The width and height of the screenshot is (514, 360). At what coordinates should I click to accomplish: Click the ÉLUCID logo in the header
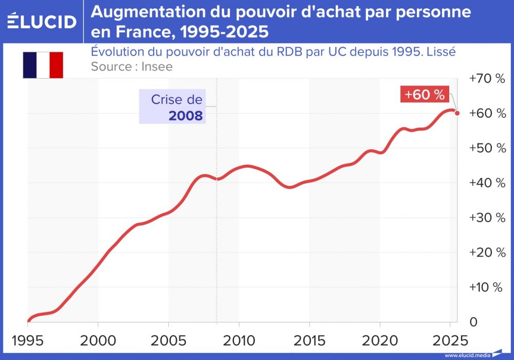(43, 21)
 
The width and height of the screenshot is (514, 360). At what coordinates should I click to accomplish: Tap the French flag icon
(43, 65)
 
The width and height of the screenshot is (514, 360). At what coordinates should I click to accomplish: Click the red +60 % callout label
(424, 95)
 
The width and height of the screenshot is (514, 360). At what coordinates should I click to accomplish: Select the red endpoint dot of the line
(457, 113)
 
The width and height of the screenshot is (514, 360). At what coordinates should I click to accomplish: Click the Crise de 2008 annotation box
(172, 107)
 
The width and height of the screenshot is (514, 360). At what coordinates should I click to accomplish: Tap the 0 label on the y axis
(473, 322)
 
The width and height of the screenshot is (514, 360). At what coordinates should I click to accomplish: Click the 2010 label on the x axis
(238, 340)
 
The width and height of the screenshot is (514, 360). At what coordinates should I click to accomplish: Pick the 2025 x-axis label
(450, 340)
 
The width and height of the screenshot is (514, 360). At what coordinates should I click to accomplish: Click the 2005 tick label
(168, 340)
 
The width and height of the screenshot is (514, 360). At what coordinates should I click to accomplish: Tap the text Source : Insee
(132, 66)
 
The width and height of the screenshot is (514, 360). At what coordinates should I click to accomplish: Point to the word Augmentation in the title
(142, 12)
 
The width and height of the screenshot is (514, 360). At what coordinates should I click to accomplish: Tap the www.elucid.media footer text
(467, 355)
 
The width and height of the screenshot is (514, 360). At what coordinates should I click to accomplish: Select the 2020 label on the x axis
(379, 340)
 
